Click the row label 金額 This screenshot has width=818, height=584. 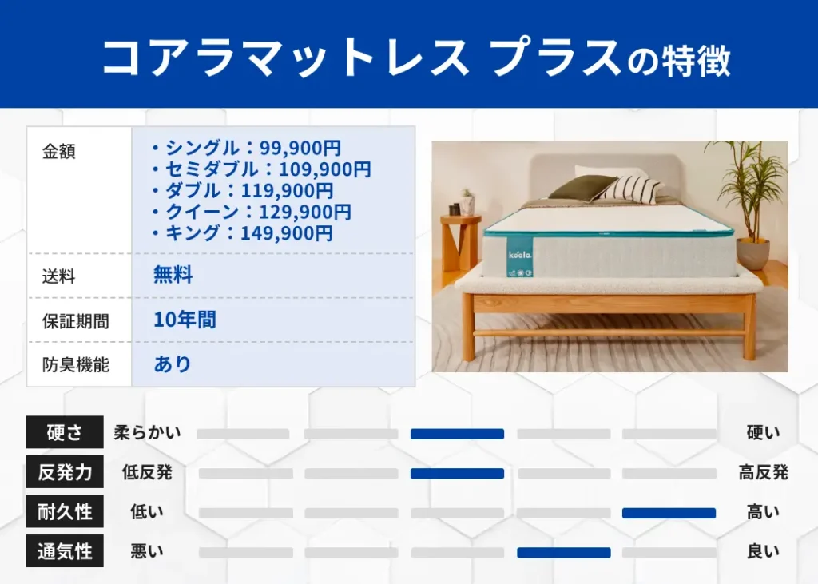tap(58, 152)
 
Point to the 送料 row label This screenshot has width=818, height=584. tap(58, 276)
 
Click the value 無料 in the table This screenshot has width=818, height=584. tap(173, 276)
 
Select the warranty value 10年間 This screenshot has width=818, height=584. tap(185, 320)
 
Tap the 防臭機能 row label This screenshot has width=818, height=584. tap(75, 364)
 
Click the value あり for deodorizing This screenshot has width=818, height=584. tap(173, 364)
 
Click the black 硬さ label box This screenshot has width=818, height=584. tap(65, 433)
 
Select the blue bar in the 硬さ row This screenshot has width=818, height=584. tap(457, 434)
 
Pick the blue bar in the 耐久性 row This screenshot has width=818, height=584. tap(669, 513)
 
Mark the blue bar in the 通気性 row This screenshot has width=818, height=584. tap(563, 552)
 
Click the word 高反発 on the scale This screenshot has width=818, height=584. tap(763, 473)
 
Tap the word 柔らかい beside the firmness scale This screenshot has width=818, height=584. tap(147, 433)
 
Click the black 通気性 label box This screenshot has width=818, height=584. tap(65, 551)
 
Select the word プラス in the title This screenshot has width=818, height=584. tap(556, 58)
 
